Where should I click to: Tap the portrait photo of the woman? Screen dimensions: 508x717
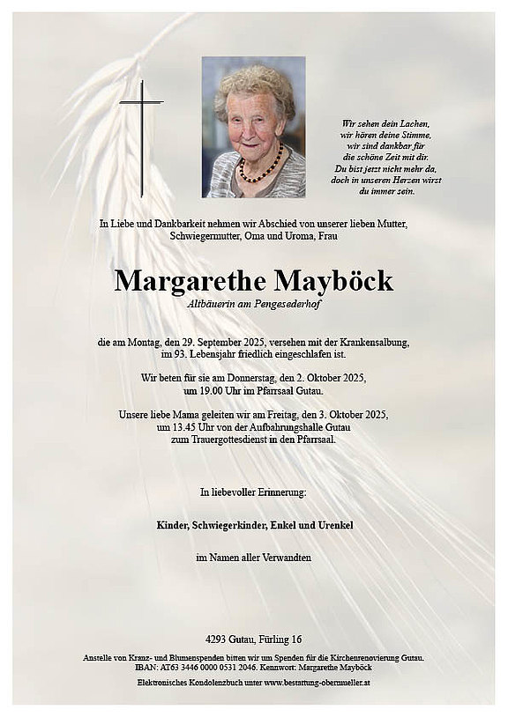pos(253,127)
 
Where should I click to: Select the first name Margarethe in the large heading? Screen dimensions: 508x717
pos(188,282)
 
